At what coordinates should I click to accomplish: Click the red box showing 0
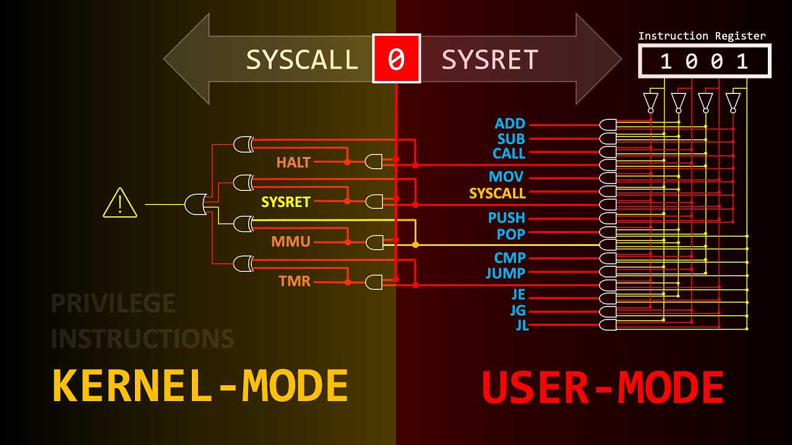(396, 59)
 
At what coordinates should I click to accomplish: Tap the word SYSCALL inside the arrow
(302, 59)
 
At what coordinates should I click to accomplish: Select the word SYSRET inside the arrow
(489, 59)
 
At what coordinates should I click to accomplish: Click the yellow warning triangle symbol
(120, 203)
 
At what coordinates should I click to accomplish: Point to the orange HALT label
(293, 163)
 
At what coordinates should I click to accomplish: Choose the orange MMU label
(291, 242)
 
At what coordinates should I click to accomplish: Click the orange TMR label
(295, 281)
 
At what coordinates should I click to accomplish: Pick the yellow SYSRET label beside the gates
(285, 202)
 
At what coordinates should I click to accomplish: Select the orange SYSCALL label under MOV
(497, 193)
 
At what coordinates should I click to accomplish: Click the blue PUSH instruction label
(507, 218)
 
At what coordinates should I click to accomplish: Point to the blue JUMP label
(506, 273)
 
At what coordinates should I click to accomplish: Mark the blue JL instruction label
(522, 325)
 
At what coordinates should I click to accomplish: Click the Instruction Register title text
(702, 36)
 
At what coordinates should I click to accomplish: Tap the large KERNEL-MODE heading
(200, 386)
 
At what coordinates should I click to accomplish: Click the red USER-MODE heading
(603, 388)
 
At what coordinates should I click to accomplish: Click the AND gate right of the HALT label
(374, 162)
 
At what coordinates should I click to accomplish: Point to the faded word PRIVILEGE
(113, 303)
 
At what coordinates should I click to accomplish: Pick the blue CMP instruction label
(510, 258)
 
